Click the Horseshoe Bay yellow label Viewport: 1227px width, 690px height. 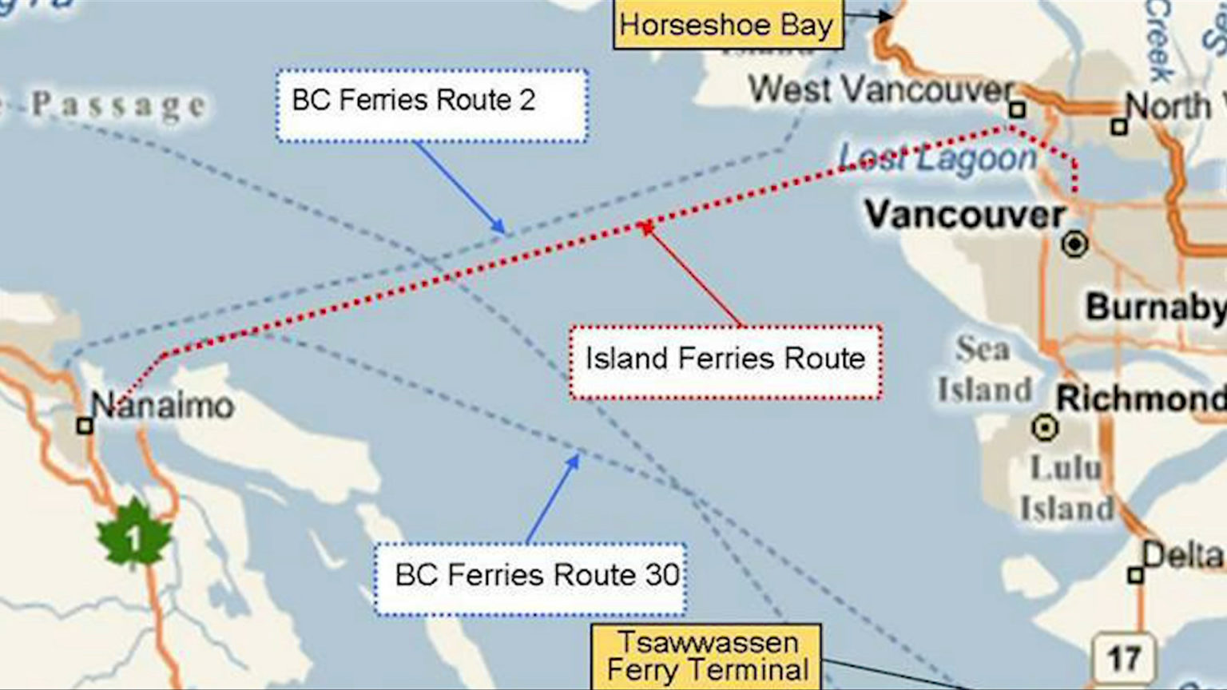[726, 25]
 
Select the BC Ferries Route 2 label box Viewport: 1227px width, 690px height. [432, 105]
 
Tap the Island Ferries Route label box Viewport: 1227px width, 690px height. [725, 361]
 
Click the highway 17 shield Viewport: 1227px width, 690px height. [1124, 658]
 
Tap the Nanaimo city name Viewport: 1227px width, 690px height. [162, 406]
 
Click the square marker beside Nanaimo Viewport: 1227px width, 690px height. [85, 426]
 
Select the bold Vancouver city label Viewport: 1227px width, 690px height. [965, 214]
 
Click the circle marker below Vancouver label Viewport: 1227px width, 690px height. [1075, 244]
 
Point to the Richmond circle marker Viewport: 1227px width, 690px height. [1044, 428]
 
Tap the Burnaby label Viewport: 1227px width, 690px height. [1155, 307]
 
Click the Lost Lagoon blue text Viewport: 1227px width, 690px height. [938, 158]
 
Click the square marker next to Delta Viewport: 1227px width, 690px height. [1135, 575]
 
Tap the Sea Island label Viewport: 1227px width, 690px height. [984, 370]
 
